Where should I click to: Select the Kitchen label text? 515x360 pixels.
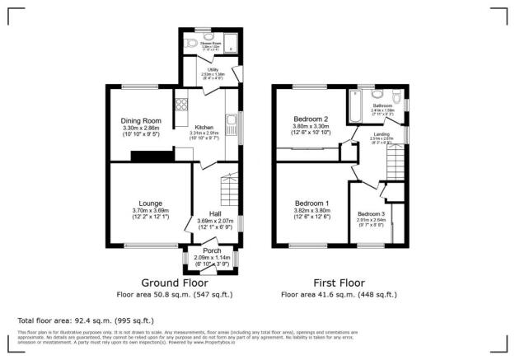204,126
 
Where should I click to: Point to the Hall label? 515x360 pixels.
215,214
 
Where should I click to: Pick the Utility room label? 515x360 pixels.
213,69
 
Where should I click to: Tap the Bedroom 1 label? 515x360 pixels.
312,203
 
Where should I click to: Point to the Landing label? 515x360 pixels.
381,134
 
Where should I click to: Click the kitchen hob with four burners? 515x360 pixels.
180,105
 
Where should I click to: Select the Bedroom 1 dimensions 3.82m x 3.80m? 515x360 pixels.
312,210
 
